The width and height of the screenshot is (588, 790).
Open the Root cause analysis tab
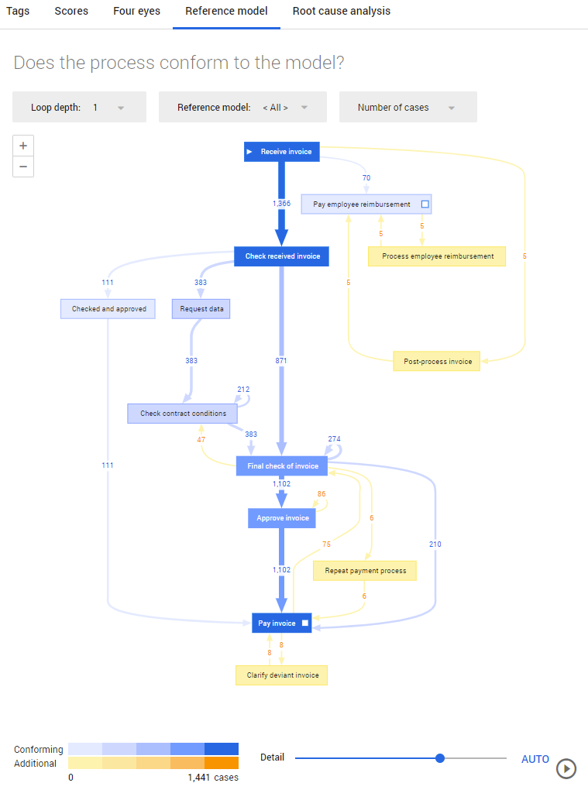click(x=341, y=12)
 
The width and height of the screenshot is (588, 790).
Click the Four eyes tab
click(x=136, y=12)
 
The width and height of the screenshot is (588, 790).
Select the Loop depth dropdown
click(x=79, y=108)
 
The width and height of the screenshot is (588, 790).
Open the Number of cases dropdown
click(x=407, y=108)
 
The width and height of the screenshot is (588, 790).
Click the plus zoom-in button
click(x=23, y=146)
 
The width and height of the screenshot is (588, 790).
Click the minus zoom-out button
click(x=23, y=167)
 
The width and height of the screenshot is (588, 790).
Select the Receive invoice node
click(x=282, y=152)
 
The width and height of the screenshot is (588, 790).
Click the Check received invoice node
click(x=282, y=256)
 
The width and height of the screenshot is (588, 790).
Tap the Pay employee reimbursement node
click(x=366, y=204)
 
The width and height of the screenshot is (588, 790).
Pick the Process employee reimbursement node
click(x=437, y=256)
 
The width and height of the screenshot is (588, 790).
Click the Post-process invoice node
click(x=437, y=362)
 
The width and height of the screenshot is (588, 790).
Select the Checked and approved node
click(x=108, y=309)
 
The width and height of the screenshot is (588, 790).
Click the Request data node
click(x=201, y=309)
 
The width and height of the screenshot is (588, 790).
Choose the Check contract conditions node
click(x=182, y=414)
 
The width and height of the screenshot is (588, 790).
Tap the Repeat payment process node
click(x=365, y=571)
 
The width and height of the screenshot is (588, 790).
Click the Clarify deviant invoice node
click(x=282, y=675)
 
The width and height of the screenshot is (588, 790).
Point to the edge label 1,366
click(x=282, y=203)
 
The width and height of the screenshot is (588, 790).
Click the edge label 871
click(x=282, y=361)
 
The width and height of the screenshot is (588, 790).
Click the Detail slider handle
click(x=440, y=758)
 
